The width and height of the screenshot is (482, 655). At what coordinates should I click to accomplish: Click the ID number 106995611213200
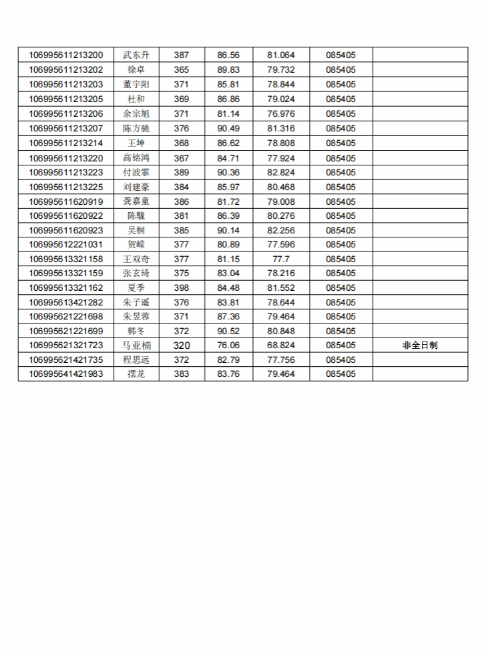[65, 55]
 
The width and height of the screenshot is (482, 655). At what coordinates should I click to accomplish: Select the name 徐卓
[136, 69]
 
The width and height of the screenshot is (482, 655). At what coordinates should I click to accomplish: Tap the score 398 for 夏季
[182, 288]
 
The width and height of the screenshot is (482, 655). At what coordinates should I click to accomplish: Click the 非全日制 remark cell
[420, 346]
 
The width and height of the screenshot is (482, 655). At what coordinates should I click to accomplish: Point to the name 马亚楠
[136, 346]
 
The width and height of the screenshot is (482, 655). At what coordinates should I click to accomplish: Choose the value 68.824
[281, 346]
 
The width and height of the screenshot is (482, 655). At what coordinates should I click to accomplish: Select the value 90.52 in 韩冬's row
[228, 331]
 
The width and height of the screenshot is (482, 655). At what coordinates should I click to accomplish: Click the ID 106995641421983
[65, 374]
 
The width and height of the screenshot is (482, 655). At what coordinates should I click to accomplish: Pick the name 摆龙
[136, 374]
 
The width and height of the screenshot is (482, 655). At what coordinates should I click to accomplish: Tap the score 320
[182, 346]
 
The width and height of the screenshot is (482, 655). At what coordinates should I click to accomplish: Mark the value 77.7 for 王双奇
[281, 259]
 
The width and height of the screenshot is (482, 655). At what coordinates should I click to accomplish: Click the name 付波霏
[136, 172]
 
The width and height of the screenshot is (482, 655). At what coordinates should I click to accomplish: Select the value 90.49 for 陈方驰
[228, 128]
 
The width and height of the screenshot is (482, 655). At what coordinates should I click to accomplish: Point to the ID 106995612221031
[65, 244]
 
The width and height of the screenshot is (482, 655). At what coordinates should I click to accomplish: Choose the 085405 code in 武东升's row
[340, 55]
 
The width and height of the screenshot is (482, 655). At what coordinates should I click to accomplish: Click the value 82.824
[281, 172]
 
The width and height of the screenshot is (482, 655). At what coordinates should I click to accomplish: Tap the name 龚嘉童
[136, 201]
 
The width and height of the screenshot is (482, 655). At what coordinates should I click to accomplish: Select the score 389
[182, 172]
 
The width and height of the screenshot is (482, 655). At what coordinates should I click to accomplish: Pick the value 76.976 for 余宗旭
[281, 113]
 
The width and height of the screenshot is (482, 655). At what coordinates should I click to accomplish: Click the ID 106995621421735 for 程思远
[65, 360]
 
